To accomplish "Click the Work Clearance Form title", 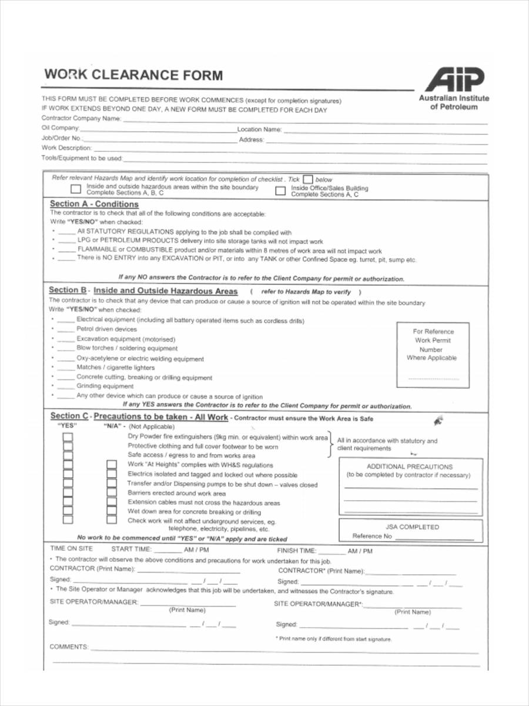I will pyautogui.click(x=133, y=75).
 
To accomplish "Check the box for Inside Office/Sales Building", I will pyautogui.click(x=281, y=191).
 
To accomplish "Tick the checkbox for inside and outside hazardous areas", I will pyautogui.click(x=75, y=189).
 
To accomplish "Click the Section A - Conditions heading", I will pyautogui.click(x=94, y=204).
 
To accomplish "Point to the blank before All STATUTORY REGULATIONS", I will pyautogui.click(x=67, y=232).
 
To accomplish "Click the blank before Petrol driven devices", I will pyautogui.click(x=66, y=329).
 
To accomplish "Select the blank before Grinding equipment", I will pyautogui.click(x=66, y=387).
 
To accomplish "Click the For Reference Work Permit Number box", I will pyautogui.click(x=434, y=354).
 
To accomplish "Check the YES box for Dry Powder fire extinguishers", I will pyautogui.click(x=68, y=437).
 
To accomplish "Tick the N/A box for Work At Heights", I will pyautogui.click(x=111, y=465).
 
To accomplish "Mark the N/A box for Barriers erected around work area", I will pyautogui.click(x=111, y=493).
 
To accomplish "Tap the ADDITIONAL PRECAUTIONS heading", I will pyautogui.click(x=410, y=467).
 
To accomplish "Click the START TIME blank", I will pyautogui.click(x=169, y=551).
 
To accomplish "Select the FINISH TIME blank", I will pyautogui.click(x=333, y=552).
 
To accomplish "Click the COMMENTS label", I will pyautogui.click(x=69, y=647).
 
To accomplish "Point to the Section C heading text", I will pyautogui.click(x=139, y=417).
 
